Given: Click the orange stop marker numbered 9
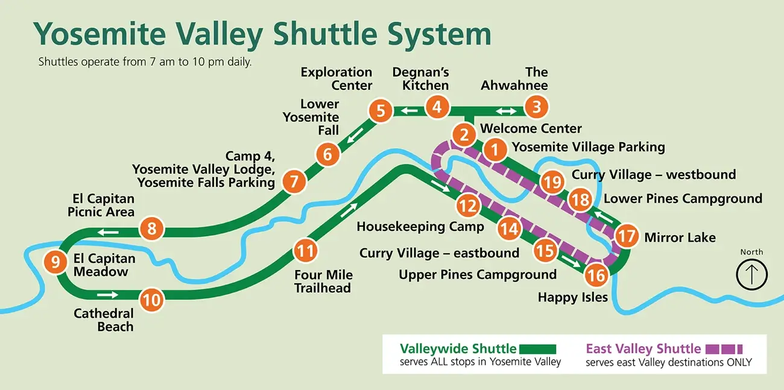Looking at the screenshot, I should (x=55, y=262).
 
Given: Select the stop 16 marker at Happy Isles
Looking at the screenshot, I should (x=596, y=275).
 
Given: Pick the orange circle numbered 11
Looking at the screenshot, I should (x=306, y=250).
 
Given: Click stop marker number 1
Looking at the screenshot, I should (x=495, y=149).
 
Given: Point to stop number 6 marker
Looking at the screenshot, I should (x=327, y=154).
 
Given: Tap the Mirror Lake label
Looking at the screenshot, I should (x=680, y=237).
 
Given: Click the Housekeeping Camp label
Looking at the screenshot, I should (x=420, y=227).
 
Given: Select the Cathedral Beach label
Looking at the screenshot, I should (x=103, y=320).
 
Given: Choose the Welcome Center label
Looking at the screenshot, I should (x=531, y=128).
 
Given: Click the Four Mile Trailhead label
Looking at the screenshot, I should (x=323, y=281).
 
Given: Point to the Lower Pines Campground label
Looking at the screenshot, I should (x=683, y=198).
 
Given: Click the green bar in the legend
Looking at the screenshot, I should (x=537, y=348).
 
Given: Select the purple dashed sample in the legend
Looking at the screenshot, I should (x=724, y=348).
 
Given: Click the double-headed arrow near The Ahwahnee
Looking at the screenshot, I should (x=505, y=111).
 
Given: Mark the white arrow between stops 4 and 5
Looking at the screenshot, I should (x=411, y=110).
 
